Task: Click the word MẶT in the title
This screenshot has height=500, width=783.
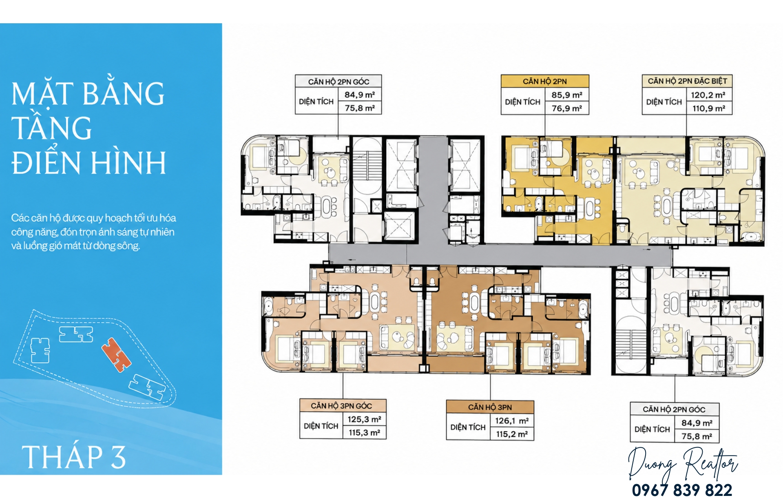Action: click(x=42, y=93)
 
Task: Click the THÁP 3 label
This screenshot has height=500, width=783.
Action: click(x=73, y=457)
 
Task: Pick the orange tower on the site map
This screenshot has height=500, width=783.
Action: click(x=116, y=354)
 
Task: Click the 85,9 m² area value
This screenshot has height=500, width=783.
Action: click(x=567, y=95)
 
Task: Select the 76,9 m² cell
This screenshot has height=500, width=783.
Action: click(x=567, y=108)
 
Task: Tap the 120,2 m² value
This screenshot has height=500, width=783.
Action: click(x=708, y=95)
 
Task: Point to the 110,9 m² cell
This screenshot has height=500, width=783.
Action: click(x=709, y=108)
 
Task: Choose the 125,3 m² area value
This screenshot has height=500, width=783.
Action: click(x=364, y=419)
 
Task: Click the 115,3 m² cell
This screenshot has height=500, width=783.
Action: click(x=364, y=433)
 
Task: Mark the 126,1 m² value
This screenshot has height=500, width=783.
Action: click(x=512, y=420)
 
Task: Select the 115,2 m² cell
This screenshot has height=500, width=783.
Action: click(x=512, y=434)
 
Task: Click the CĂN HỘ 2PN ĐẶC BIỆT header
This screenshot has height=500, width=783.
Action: click(x=687, y=81)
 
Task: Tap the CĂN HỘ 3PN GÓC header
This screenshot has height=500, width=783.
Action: click(x=341, y=406)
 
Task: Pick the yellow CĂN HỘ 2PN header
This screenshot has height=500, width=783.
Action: click(x=545, y=81)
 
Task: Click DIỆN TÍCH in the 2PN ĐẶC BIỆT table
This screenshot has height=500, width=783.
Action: click(x=664, y=102)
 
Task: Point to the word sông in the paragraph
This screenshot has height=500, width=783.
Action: click(x=128, y=246)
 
